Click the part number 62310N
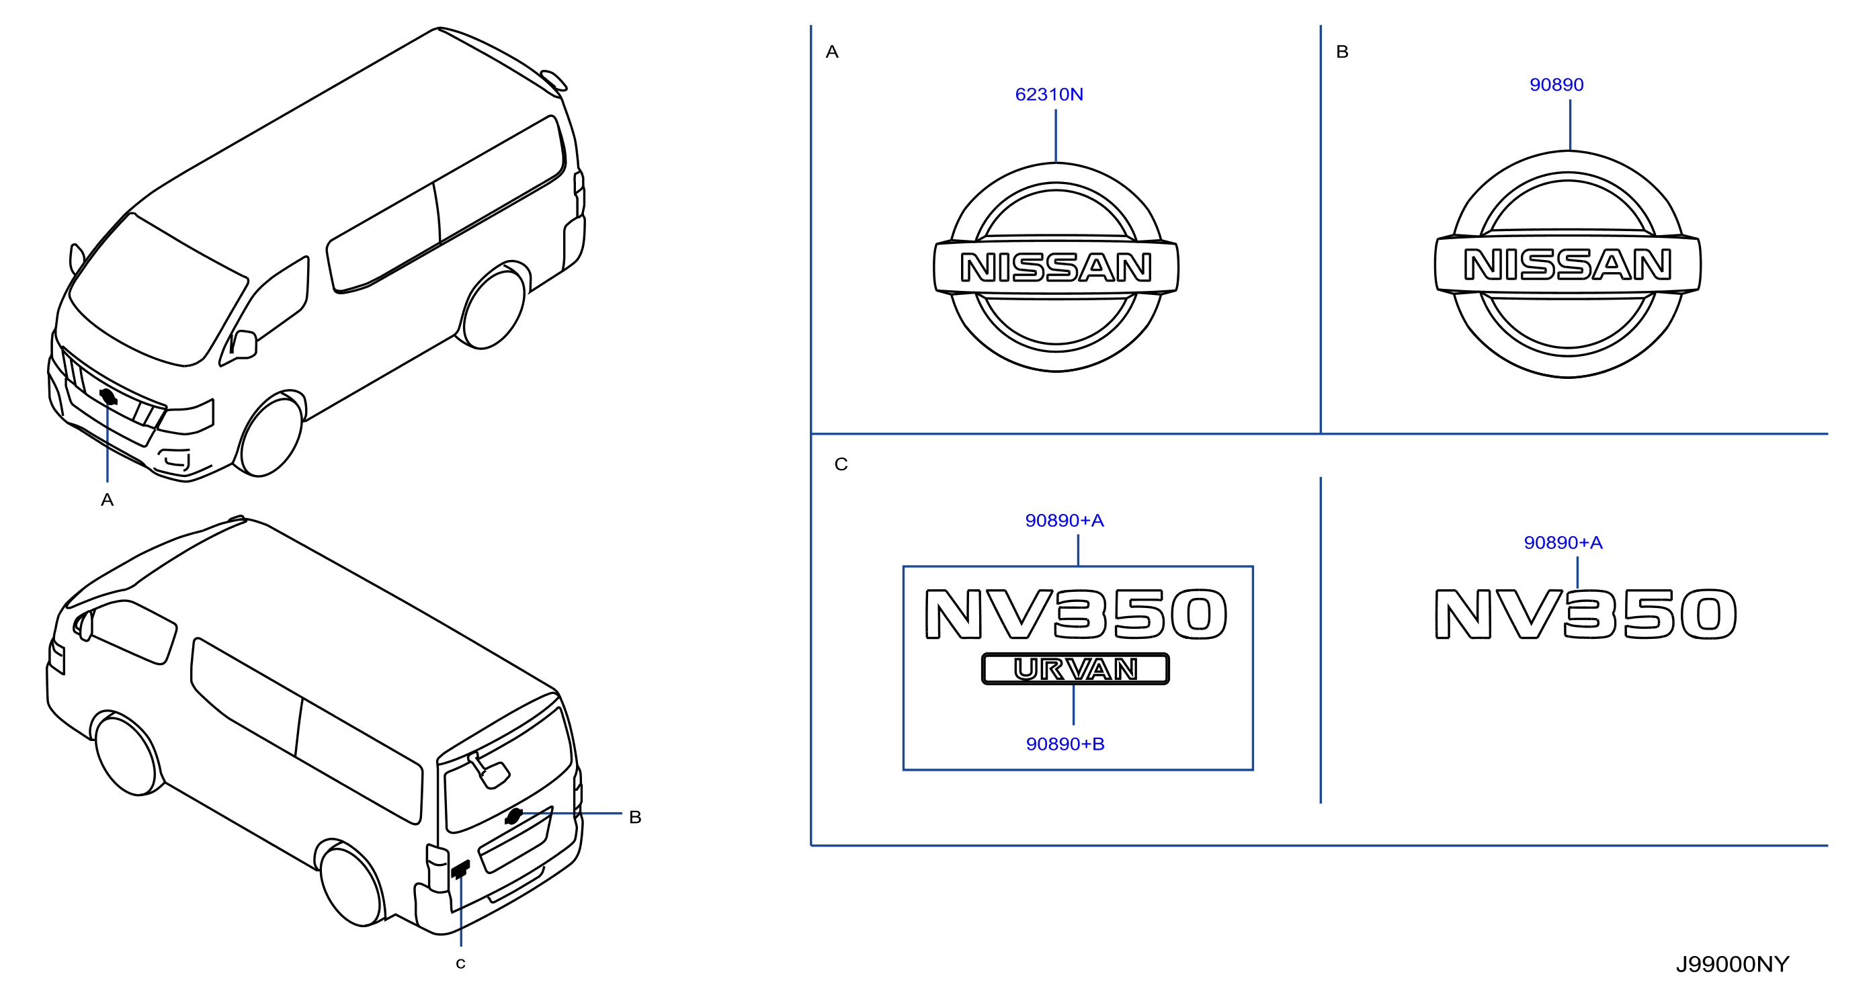click(1049, 95)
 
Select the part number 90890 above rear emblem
click(1556, 85)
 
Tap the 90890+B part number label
click(1065, 744)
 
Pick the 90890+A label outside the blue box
click(1562, 542)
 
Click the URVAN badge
click(1075, 668)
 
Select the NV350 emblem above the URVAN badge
click(1076, 614)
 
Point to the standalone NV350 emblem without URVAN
click(1585, 614)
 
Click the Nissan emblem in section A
click(1056, 267)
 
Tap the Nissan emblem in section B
click(1568, 264)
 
